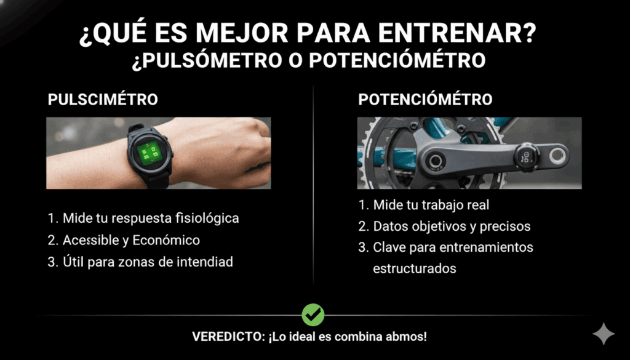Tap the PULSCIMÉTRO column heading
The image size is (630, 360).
(103, 100)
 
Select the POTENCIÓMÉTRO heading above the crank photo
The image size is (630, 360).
(425, 100)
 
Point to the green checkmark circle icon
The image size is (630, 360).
(313, 314)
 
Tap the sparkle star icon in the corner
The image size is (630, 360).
(603, 334)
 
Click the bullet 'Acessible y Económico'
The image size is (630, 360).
(130, 240)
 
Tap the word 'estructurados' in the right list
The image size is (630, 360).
(415, 269)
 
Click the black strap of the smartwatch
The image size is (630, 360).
(154, 179)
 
